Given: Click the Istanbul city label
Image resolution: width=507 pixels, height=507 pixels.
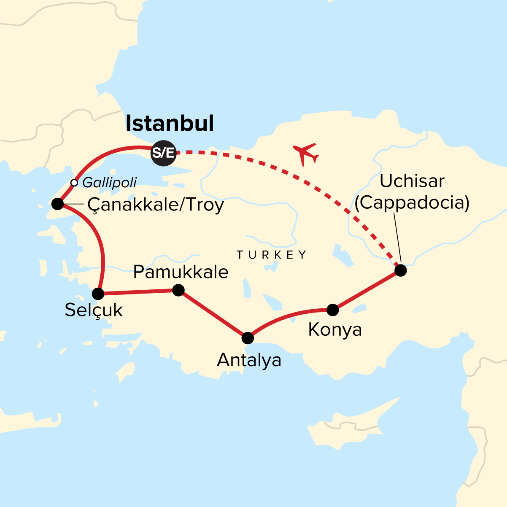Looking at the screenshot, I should (x=170, y=124).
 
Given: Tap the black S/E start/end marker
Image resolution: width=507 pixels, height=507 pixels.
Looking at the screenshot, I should (x=164, y=152).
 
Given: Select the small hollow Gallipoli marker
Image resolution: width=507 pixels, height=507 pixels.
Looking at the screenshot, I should (x=74, y=183).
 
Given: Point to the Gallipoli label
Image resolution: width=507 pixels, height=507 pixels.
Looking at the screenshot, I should (x=110, y=183).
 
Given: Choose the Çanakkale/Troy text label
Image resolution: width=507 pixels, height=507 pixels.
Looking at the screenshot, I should (x=155, y=205).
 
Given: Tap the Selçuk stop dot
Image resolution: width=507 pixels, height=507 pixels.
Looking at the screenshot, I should (x=98, y=294).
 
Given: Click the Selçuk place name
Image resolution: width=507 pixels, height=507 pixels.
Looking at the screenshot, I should (x=94, y=310).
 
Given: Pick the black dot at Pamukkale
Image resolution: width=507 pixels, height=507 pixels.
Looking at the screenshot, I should (x=178, y=290).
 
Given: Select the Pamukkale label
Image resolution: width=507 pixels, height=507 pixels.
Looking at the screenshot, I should (x=181, y=272).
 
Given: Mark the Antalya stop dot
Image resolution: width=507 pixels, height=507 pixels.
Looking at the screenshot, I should (x=248, y=338).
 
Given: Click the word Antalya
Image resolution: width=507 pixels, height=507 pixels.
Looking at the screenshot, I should (x=249, y=361).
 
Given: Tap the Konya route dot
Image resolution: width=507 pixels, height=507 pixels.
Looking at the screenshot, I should (x=333, y=310).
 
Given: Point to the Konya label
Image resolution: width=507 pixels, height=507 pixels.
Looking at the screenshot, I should (x=335, y=330).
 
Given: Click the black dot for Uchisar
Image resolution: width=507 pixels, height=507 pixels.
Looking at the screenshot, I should (x=400, y=270).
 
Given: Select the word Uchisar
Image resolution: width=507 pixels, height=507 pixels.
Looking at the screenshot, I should (x=412, y=181).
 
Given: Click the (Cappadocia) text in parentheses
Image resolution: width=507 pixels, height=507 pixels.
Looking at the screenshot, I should (x=412, y=203).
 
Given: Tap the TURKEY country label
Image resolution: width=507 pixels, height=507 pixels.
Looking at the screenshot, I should (x=272, y=255).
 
